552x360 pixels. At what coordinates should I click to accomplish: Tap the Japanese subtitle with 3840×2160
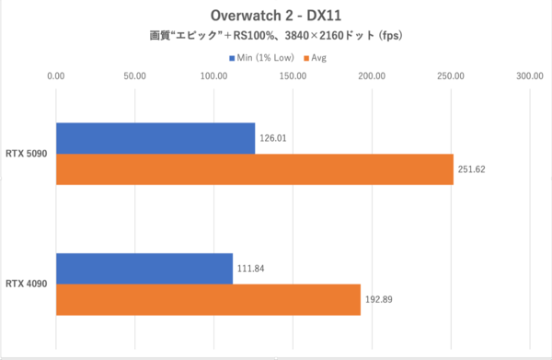pyautogui.click(x=275, y=38)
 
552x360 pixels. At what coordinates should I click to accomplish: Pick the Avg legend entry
pyautogui.click(x=315, y=58)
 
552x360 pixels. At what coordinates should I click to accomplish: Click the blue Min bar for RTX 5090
pyautogui.click(x=155, y=138)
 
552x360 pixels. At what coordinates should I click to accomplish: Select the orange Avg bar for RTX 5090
pyautogui.click(x=255, y=169)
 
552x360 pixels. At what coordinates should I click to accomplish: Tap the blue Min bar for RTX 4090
pyautogui.click(x=144, y=268)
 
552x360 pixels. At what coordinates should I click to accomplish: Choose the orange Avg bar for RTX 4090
pyautogui.click(x=208, y=299)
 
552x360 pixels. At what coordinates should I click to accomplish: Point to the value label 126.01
pyautogui.click(x=274, y=139)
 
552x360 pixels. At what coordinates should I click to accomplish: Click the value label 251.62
pyautogui.click(x=473, y=170)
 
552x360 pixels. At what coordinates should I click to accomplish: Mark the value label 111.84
pyautogui.click(x=252, y=269)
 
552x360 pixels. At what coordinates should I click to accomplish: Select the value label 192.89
pyautogui.click(x=380, y=300)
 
